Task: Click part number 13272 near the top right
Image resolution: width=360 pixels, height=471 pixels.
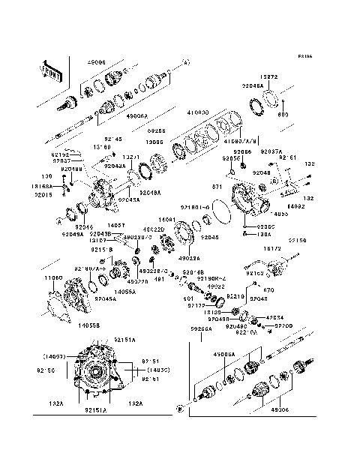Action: tap(270, 77)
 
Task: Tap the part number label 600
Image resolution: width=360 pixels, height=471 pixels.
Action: tap(283, 114)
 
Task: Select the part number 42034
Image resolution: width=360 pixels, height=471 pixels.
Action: tap(274, 317)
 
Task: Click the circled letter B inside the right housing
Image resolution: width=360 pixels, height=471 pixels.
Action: tap(274, 181)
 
